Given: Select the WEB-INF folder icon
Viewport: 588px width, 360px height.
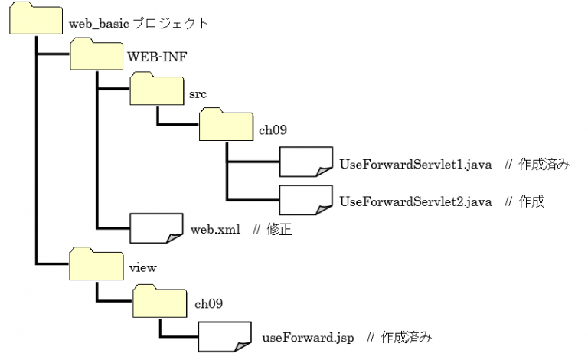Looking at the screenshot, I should (96, 56).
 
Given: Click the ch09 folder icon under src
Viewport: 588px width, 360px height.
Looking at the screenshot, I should (227, 125).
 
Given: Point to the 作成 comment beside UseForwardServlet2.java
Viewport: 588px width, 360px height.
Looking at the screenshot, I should (532, 201).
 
